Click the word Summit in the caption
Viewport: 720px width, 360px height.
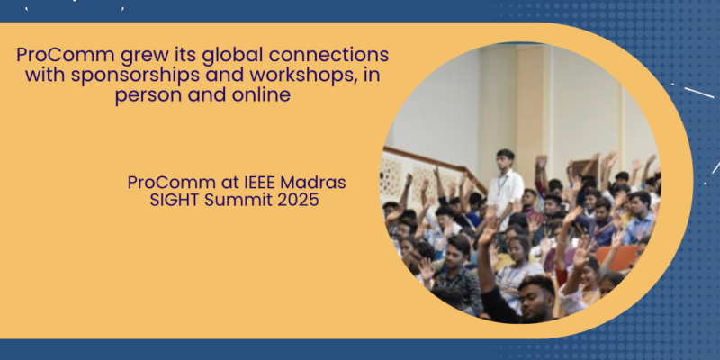click(x=238, y=201)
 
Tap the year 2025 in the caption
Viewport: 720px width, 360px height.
click(x=296, y=201)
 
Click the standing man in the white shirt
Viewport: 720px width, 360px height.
click(x=506, y=189)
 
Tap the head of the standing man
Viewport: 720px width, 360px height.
click(x=505, y=157)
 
